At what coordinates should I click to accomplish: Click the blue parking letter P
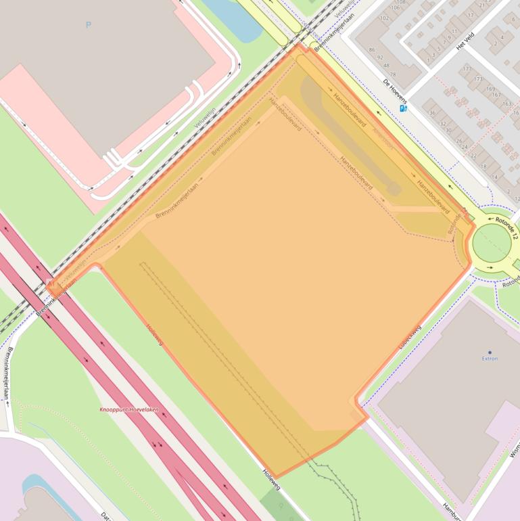click(x=88, y=25)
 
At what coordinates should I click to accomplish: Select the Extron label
click(x=490, y=359)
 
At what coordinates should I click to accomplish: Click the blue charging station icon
click(x=404, y=108)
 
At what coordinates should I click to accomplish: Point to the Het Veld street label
click(x=465, y=42)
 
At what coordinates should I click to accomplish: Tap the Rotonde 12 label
click(x=506, y=227)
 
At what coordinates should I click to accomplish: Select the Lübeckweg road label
click(x=410, y=337)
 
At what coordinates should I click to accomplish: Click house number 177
click(x=467, y=69)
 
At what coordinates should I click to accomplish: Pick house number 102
click(x=385, y=18)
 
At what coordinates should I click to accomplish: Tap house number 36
click(x=432, y=114)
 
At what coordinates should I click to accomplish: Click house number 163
click(x=506, y=104)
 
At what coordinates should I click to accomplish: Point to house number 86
click(x=372, y=49)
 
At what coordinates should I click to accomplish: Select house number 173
click(x=479, y=79)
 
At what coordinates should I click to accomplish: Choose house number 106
click(x=396, y=7)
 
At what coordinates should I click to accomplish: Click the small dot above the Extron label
click(x=490, y=352)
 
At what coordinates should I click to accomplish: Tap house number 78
click(x=393, y=74)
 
